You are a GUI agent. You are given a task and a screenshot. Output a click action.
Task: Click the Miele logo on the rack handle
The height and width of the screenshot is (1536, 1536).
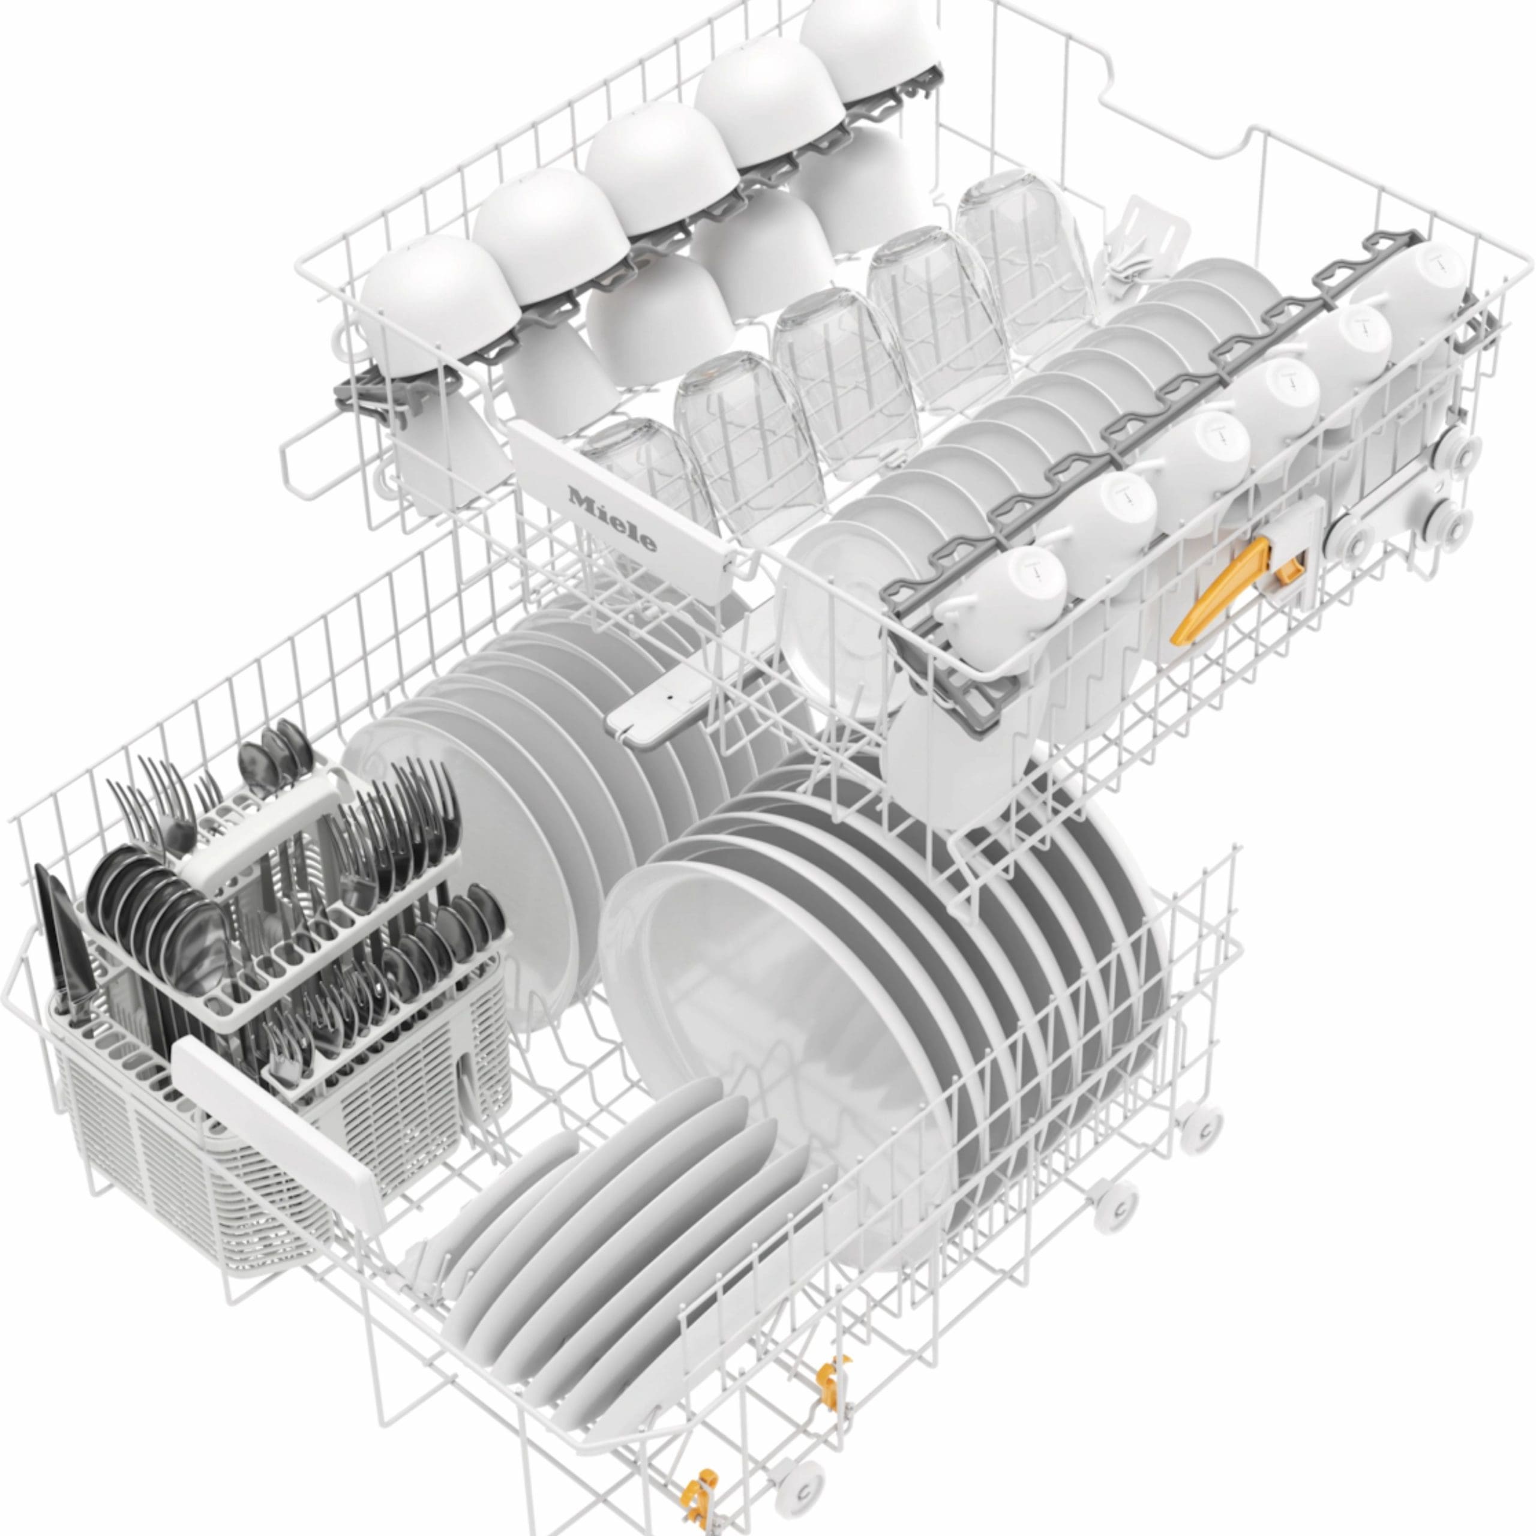pyautogui.click(x=611, y=518)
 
